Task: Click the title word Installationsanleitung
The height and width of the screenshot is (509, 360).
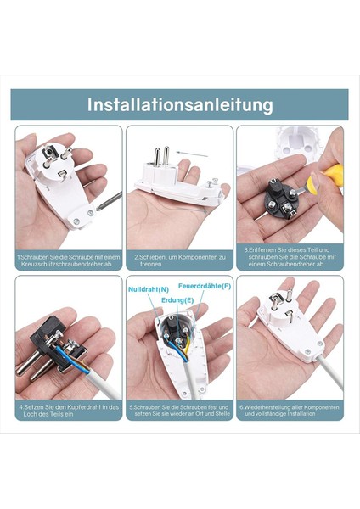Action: [179, 105]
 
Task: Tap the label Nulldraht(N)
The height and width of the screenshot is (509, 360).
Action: [147, 290]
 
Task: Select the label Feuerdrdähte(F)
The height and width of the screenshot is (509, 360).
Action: [204, 286]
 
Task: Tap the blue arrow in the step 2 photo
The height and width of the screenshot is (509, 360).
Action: [194, 155]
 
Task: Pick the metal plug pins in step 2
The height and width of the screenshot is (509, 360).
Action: [160, 157]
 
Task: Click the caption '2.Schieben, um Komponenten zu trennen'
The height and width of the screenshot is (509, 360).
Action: [179, 258]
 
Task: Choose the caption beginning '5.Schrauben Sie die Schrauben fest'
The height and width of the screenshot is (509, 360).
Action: [179, 411]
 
